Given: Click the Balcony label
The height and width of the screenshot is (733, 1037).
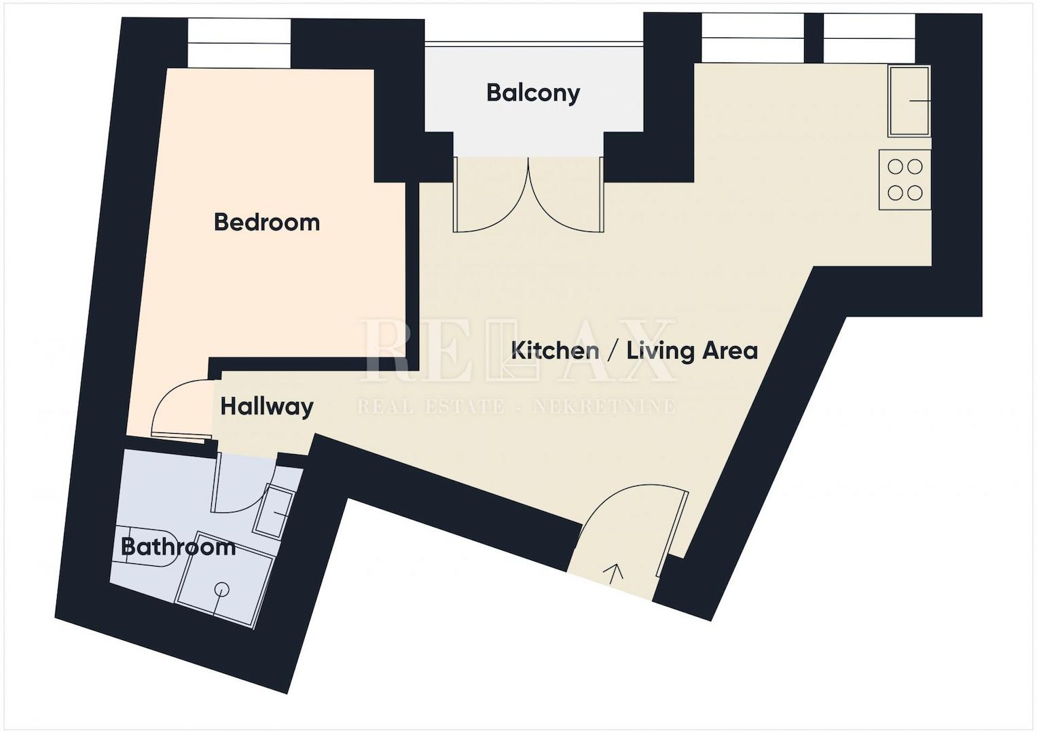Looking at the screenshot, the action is coord(533,93).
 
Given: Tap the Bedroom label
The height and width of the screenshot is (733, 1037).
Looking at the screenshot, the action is coord(267,222).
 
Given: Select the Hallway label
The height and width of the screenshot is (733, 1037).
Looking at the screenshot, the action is coord(267,407).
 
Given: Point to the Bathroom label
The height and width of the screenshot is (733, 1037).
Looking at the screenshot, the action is coord(178,548).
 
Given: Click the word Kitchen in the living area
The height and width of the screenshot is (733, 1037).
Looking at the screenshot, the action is coord(555,350).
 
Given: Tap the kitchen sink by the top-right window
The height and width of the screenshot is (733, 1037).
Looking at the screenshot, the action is coord(909,101).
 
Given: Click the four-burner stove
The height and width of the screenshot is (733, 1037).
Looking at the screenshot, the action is coord(905,180).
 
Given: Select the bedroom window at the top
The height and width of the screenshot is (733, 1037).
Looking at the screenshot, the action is coord(239,43).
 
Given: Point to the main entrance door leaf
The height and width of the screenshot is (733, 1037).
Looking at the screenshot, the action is coord(673,535).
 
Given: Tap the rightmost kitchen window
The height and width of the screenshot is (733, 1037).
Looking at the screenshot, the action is coord(869,39).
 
